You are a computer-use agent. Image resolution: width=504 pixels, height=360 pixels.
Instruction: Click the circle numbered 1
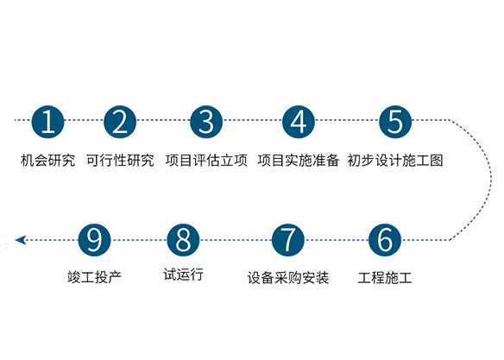click(47, 122)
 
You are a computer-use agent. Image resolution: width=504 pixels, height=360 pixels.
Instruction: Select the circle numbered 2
click(120, 122)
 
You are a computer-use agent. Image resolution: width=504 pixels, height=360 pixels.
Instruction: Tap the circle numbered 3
click(206, 122)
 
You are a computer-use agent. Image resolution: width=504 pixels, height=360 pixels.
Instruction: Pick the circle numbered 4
click(299, 122)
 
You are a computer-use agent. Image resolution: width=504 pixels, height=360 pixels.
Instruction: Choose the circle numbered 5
click(395, 122)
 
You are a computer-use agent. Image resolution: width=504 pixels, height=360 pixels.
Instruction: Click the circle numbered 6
click(385, 240)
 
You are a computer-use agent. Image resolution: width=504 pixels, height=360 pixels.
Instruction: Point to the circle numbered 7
click(288, 240)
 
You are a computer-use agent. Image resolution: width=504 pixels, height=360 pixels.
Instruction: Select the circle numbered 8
click(183, 240)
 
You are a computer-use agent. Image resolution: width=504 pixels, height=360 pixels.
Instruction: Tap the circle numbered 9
click(94, 240)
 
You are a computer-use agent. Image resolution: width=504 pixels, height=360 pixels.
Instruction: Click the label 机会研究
click(47, 161)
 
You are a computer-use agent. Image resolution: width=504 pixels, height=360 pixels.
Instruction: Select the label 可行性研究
click(120, 161)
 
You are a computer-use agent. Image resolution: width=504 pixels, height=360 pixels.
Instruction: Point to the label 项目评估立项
click(206, 161)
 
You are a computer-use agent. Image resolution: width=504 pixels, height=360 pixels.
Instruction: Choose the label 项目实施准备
click(299, 161)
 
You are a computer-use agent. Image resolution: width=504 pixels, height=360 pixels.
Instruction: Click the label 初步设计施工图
click(395, 161)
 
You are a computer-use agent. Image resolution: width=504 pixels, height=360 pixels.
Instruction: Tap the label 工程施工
click(385, 278)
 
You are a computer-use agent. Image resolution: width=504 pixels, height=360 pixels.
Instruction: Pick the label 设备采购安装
click(288, 278)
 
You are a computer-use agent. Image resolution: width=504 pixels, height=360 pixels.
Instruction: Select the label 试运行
click(183, 275)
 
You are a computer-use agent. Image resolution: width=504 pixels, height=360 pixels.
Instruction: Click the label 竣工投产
click(94, 277)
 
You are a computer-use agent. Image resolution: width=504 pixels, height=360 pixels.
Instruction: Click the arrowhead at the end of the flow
click(21, 240)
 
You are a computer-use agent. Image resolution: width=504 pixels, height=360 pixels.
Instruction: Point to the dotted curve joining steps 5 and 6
click(491, 180)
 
